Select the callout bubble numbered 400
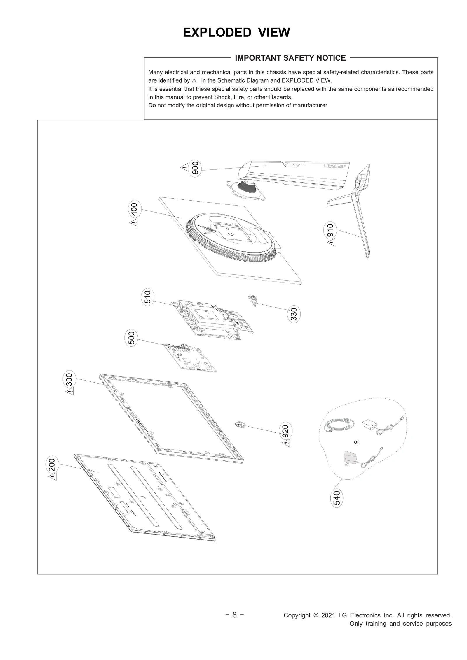tap(135, 209)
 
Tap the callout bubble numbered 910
tap(330, 230)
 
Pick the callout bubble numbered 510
tap(148, 297)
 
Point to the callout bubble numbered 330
tap(294, 314)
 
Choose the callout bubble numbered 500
tap(131, 338)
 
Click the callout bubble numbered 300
tap(69, 379)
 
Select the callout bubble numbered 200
tap(52, 465)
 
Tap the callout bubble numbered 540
tap(337, 498)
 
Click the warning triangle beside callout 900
tap(184, 167)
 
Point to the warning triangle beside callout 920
tap(286, 444)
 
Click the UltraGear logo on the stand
tap(334, 166)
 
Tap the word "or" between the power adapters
tap(356, 442)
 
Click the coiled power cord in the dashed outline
tap(339, 425)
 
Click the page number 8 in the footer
tap(234, 615)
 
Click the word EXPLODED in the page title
tap(217, 32)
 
